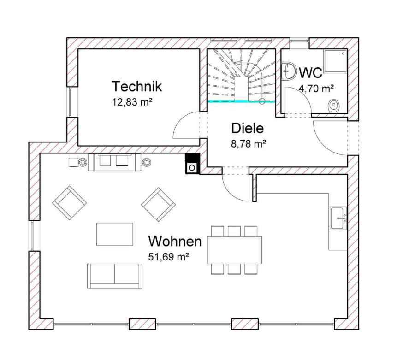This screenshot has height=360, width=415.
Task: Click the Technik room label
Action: (x=136, y=86)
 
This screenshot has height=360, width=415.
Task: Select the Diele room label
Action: (x=248, y=128)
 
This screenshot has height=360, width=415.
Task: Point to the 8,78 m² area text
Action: (x=249, y=144)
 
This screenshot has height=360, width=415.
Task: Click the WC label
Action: (x=311, y=72)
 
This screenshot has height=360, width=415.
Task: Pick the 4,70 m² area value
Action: (x=316, y=89)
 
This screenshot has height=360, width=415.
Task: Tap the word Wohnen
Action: (x=175, y=241)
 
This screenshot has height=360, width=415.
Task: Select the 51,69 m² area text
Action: (x=168, y=257)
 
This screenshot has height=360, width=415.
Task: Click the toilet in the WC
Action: (x=334, y=106)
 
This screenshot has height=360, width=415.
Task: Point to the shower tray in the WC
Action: (x=335, y=61)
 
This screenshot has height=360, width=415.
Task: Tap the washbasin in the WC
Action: (x=288, y=71)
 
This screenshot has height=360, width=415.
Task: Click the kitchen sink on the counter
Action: (x=338, y=218)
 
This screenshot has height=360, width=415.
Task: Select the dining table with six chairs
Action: (x=234, y=250)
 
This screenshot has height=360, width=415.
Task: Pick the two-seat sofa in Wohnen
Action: (x=115, y=276)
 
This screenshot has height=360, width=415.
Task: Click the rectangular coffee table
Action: (x=115, y=234)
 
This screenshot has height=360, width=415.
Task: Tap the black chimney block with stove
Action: (x=192, y=164)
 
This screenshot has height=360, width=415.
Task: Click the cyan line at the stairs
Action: (x=241, y=101)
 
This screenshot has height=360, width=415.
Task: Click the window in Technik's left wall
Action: (x=70, y=102)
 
